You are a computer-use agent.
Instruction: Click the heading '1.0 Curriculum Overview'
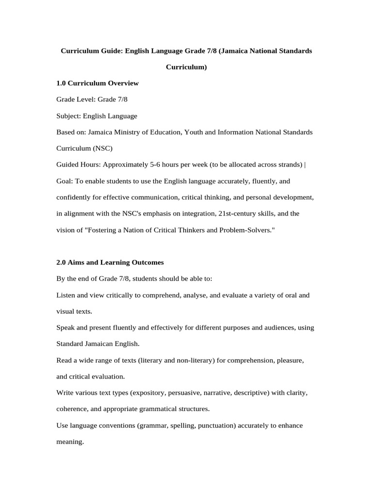pyautogui.click(x=98, y=83)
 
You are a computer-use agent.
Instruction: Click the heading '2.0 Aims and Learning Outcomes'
pyautogui.click(x=110, y=262)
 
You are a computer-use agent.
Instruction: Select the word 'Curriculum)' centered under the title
pyautogui.click(x=186, y=67)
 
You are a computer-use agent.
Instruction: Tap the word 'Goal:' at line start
pyautogui.click(x=65, y=181)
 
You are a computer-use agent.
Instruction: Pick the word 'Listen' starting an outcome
pyautogui.click(x=66, y=295)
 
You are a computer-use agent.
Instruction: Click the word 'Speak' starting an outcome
pyautogui.click(x=66, y=328)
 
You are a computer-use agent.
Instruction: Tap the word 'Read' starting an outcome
pyautogui.click(x=65, y=361)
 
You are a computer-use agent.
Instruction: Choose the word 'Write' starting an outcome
pyautogui.click(x=66, y=393)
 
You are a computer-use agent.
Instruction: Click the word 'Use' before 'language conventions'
pyautogui.click(x=63, y=425)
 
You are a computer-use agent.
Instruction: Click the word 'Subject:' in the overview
pyautogui.click(x=68, y=116)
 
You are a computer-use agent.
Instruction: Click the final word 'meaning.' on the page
pyautogui.click(x=70, y=442)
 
